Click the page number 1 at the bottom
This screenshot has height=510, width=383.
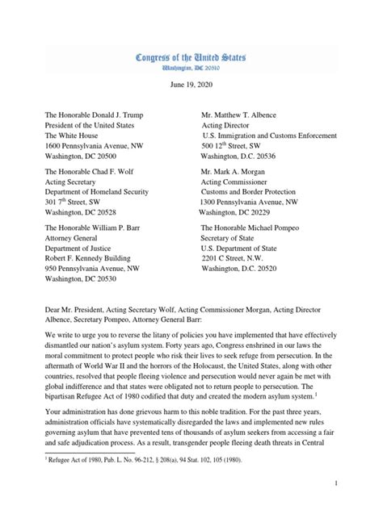coord(355,482)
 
